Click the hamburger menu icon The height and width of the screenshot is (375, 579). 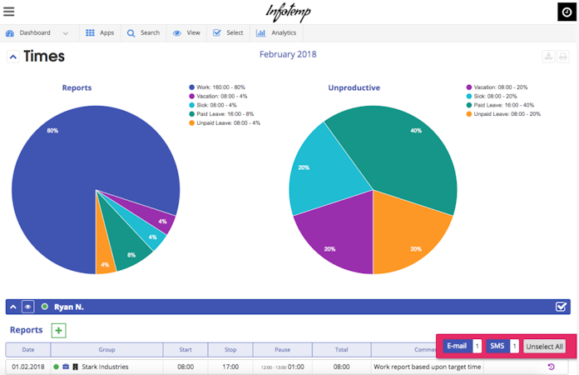pos(9,12)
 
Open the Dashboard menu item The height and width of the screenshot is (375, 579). pos(35,33)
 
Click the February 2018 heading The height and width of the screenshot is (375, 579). pos(288,55)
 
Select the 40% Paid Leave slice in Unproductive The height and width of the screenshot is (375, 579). pos(399,150)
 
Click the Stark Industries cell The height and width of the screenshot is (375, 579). pos(105,367)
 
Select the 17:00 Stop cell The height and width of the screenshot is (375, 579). pos(230,367)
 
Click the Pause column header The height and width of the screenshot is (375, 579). pos(283,350)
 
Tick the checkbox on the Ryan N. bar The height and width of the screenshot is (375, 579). pos(562,307)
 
